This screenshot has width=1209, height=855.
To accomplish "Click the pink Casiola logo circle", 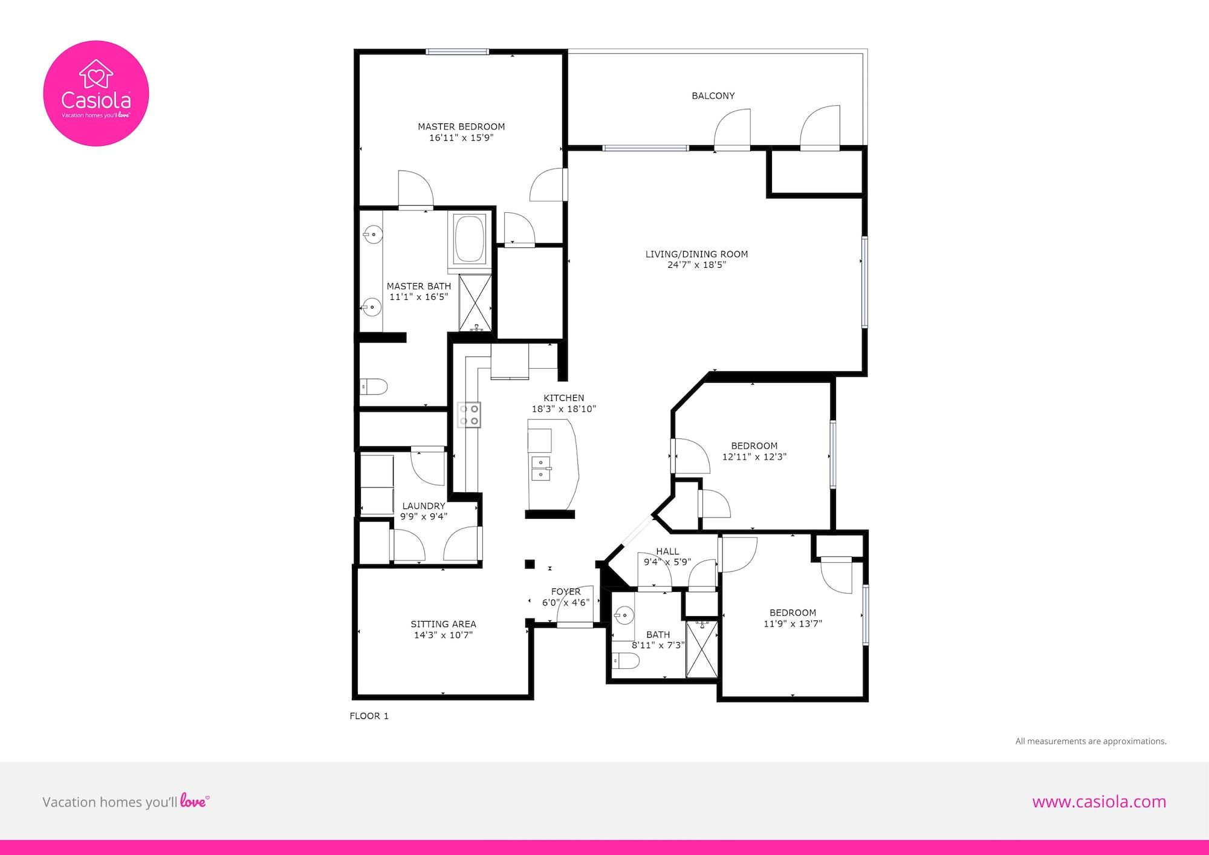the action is click(96, 93).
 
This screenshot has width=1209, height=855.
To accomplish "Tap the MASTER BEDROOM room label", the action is click(461, 126).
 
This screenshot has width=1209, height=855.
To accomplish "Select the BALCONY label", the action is click(713, 96).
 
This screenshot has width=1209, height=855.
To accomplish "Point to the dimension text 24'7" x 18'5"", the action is click(696, 265).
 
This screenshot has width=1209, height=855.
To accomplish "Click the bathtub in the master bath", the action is click(470, 239).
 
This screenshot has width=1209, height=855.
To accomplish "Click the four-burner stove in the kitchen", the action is click(469, 415).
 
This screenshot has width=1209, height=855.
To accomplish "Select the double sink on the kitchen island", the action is click(541, 469).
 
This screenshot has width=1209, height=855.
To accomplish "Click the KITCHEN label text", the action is click(564, 398).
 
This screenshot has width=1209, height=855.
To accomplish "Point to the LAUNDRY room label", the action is click(424, 506).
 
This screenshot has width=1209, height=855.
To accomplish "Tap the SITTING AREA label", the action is click(443, 624).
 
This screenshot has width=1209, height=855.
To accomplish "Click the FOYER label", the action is click(566, 592).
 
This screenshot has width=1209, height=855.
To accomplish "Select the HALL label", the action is click(667, 551).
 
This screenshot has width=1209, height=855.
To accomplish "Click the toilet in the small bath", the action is click(625, 663).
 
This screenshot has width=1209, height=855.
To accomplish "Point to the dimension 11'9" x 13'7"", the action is click(792, 624).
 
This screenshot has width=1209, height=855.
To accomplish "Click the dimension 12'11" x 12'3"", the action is click(754, 457).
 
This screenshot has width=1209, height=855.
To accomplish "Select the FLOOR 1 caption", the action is click(369, 716).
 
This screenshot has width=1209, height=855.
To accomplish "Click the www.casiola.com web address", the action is click(1099, 802).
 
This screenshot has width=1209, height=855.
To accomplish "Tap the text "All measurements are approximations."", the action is click(1091, 741).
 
